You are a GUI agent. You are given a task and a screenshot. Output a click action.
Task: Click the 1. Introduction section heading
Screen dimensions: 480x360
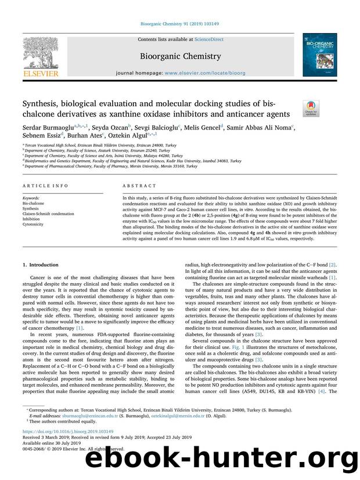click(41, 264)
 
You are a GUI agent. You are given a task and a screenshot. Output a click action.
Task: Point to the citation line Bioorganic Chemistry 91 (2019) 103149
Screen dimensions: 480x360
click(179, 24)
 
